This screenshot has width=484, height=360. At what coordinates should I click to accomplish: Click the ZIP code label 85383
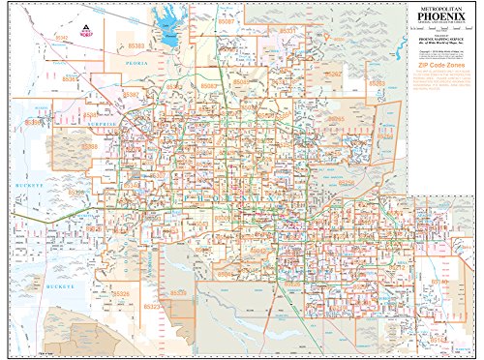(136, 45)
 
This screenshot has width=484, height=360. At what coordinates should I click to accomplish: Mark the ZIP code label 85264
(386, 136)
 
